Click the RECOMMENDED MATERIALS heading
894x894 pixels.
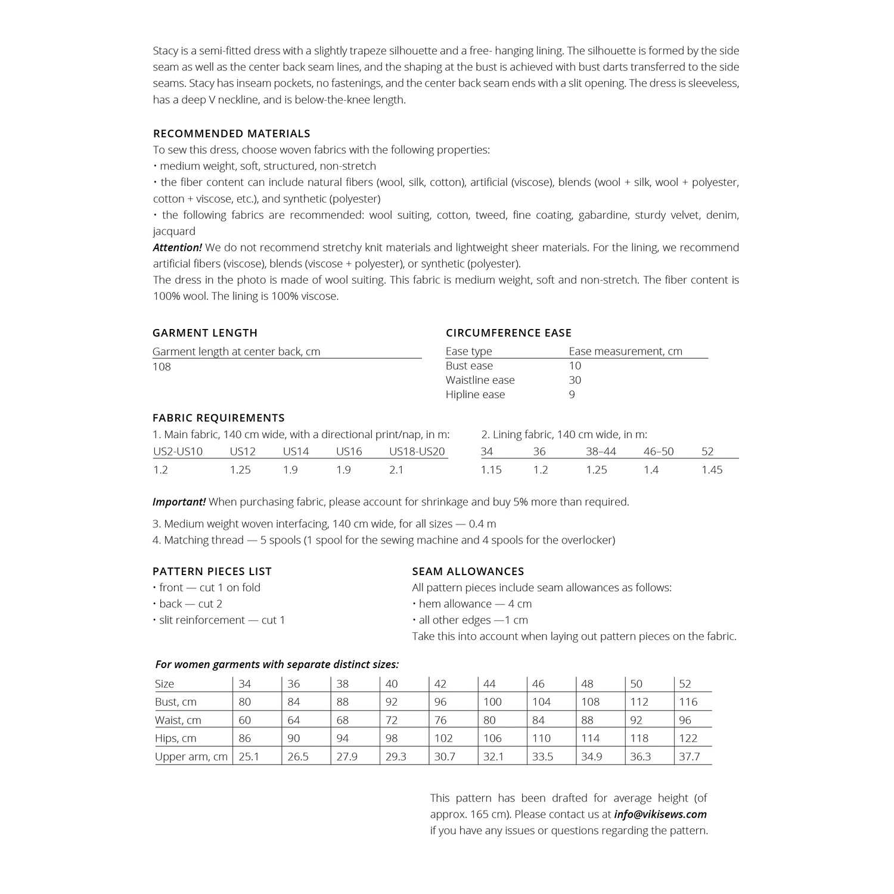[231, 134]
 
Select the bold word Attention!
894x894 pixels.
[177, 247]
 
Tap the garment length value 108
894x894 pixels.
[162, 367]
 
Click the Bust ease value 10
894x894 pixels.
[575, 365]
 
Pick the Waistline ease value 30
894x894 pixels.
[575, 380]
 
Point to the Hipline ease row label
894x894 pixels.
[475, 394]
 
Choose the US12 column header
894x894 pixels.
[243, 451]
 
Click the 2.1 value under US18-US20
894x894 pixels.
[396, 470]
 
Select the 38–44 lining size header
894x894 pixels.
[601, 451]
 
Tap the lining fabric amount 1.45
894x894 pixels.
[712, 470]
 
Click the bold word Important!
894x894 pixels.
[179, 502]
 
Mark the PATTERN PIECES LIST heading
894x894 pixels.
[212, 571]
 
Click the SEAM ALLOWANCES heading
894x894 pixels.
[468, 571]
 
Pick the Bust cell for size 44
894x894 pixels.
[492, 701]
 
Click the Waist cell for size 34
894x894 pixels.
[244, 720]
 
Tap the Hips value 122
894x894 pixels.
[688, 738]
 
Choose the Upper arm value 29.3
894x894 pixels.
[396, 756]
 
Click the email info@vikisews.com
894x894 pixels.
[660, 814]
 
